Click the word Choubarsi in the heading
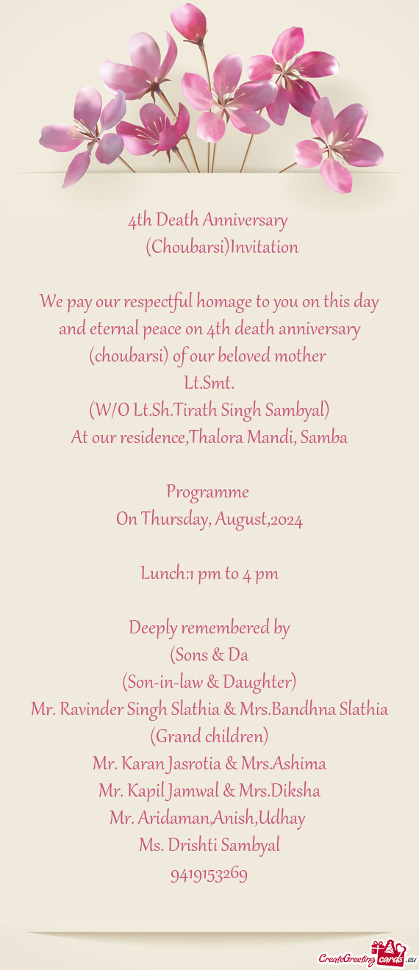pos(187,247)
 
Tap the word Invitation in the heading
pos(264,247)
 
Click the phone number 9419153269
pos(209,874)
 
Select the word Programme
pos(208,492)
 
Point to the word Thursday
pos(174,520)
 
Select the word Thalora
pos(215,437)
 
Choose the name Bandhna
pos(307,709)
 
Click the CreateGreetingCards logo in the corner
pos(366,957)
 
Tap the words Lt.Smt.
pos(209,383)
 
